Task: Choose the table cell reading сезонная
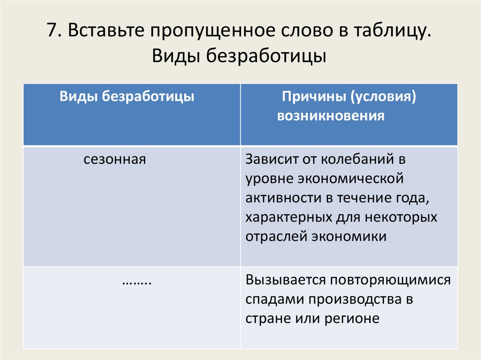coord(115,160)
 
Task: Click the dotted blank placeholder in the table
coord(136,281)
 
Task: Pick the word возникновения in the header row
coord(331,116)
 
